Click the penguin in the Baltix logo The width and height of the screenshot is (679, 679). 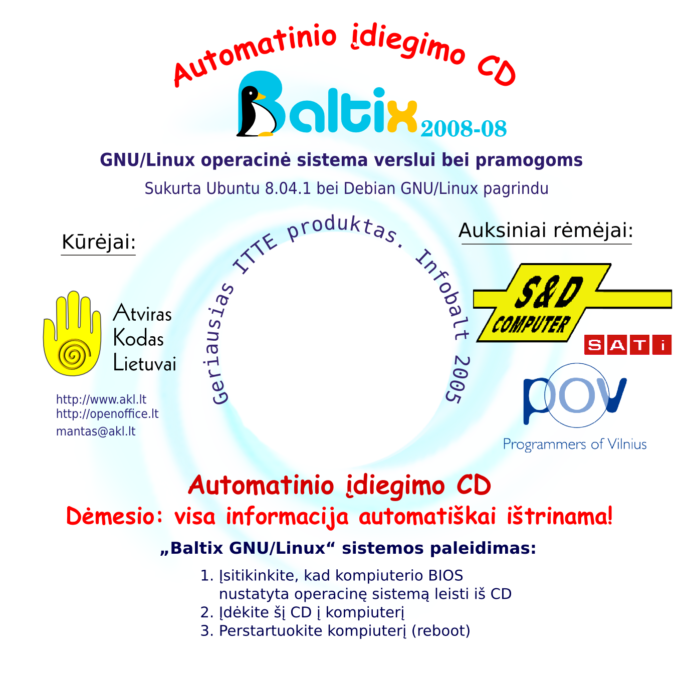click(x=256, y=113)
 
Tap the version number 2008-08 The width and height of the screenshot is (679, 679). click(x=464, y=129)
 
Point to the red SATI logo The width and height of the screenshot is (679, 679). click(x=627, y=345)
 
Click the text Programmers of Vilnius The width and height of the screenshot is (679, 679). click(x=575, y=444)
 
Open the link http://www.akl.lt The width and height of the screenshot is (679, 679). click(x=101, y=399)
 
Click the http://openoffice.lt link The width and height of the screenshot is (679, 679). click(x=107, y=414)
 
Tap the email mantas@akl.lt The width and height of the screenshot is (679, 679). click(x=96, y=431)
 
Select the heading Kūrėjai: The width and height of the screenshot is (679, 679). click(x=98, y=242)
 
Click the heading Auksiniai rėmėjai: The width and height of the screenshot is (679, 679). click(x=546, y=231)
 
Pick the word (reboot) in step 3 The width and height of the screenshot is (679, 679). click(x=440, y=630)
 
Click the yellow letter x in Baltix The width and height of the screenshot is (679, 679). click(x=401, y=116)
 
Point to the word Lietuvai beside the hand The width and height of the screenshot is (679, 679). click(x=145, y=363)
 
